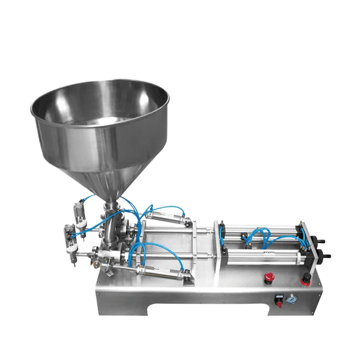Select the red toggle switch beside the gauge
[x=277, y=300]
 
